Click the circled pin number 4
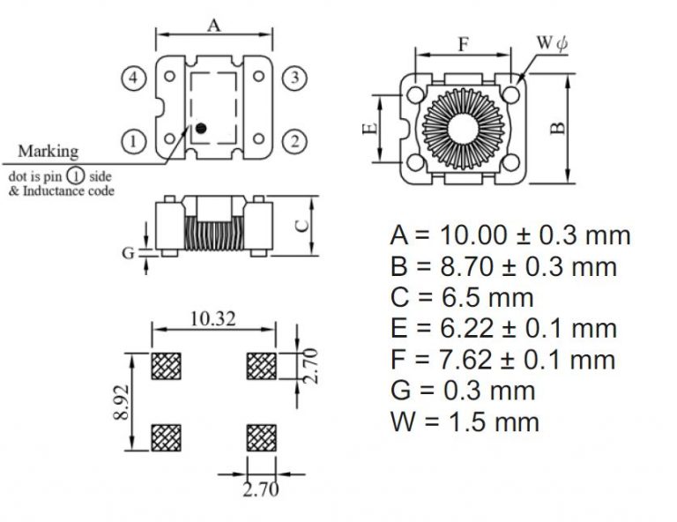coord(132,78)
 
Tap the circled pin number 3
coord(295,78)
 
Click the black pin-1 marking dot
coord(200,129)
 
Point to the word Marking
coord(48,152)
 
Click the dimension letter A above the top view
coord(213,26)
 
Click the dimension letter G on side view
coord(128,253)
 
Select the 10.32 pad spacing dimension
coord(213,320)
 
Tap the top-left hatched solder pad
coord(167,365)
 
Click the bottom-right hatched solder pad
coord(261,435)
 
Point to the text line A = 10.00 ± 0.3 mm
coord(510,235)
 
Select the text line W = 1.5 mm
coord(464,421)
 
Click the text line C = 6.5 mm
coord(461,297)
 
